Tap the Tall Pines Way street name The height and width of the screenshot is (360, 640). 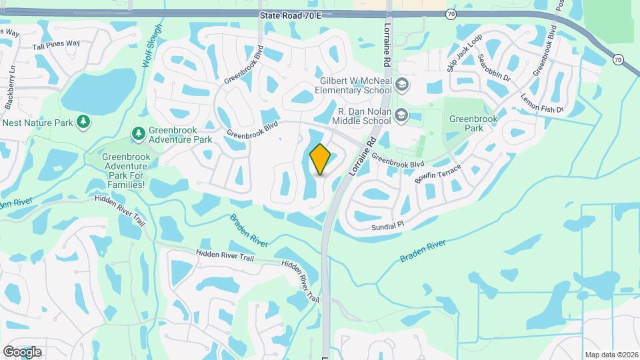(x=57, y=44)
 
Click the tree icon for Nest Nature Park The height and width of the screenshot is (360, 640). (x=83, y=122)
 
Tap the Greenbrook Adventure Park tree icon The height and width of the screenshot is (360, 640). (x=138, y=134)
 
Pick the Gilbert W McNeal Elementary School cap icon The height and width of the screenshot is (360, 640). (x=402, y=85)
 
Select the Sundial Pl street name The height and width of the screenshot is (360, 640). (x=388, y=227)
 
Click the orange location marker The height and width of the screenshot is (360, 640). (x=321, y=159)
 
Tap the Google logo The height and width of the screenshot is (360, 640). (x=22, y=351)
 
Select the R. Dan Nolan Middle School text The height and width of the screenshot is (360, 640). (x=365, y=116)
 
